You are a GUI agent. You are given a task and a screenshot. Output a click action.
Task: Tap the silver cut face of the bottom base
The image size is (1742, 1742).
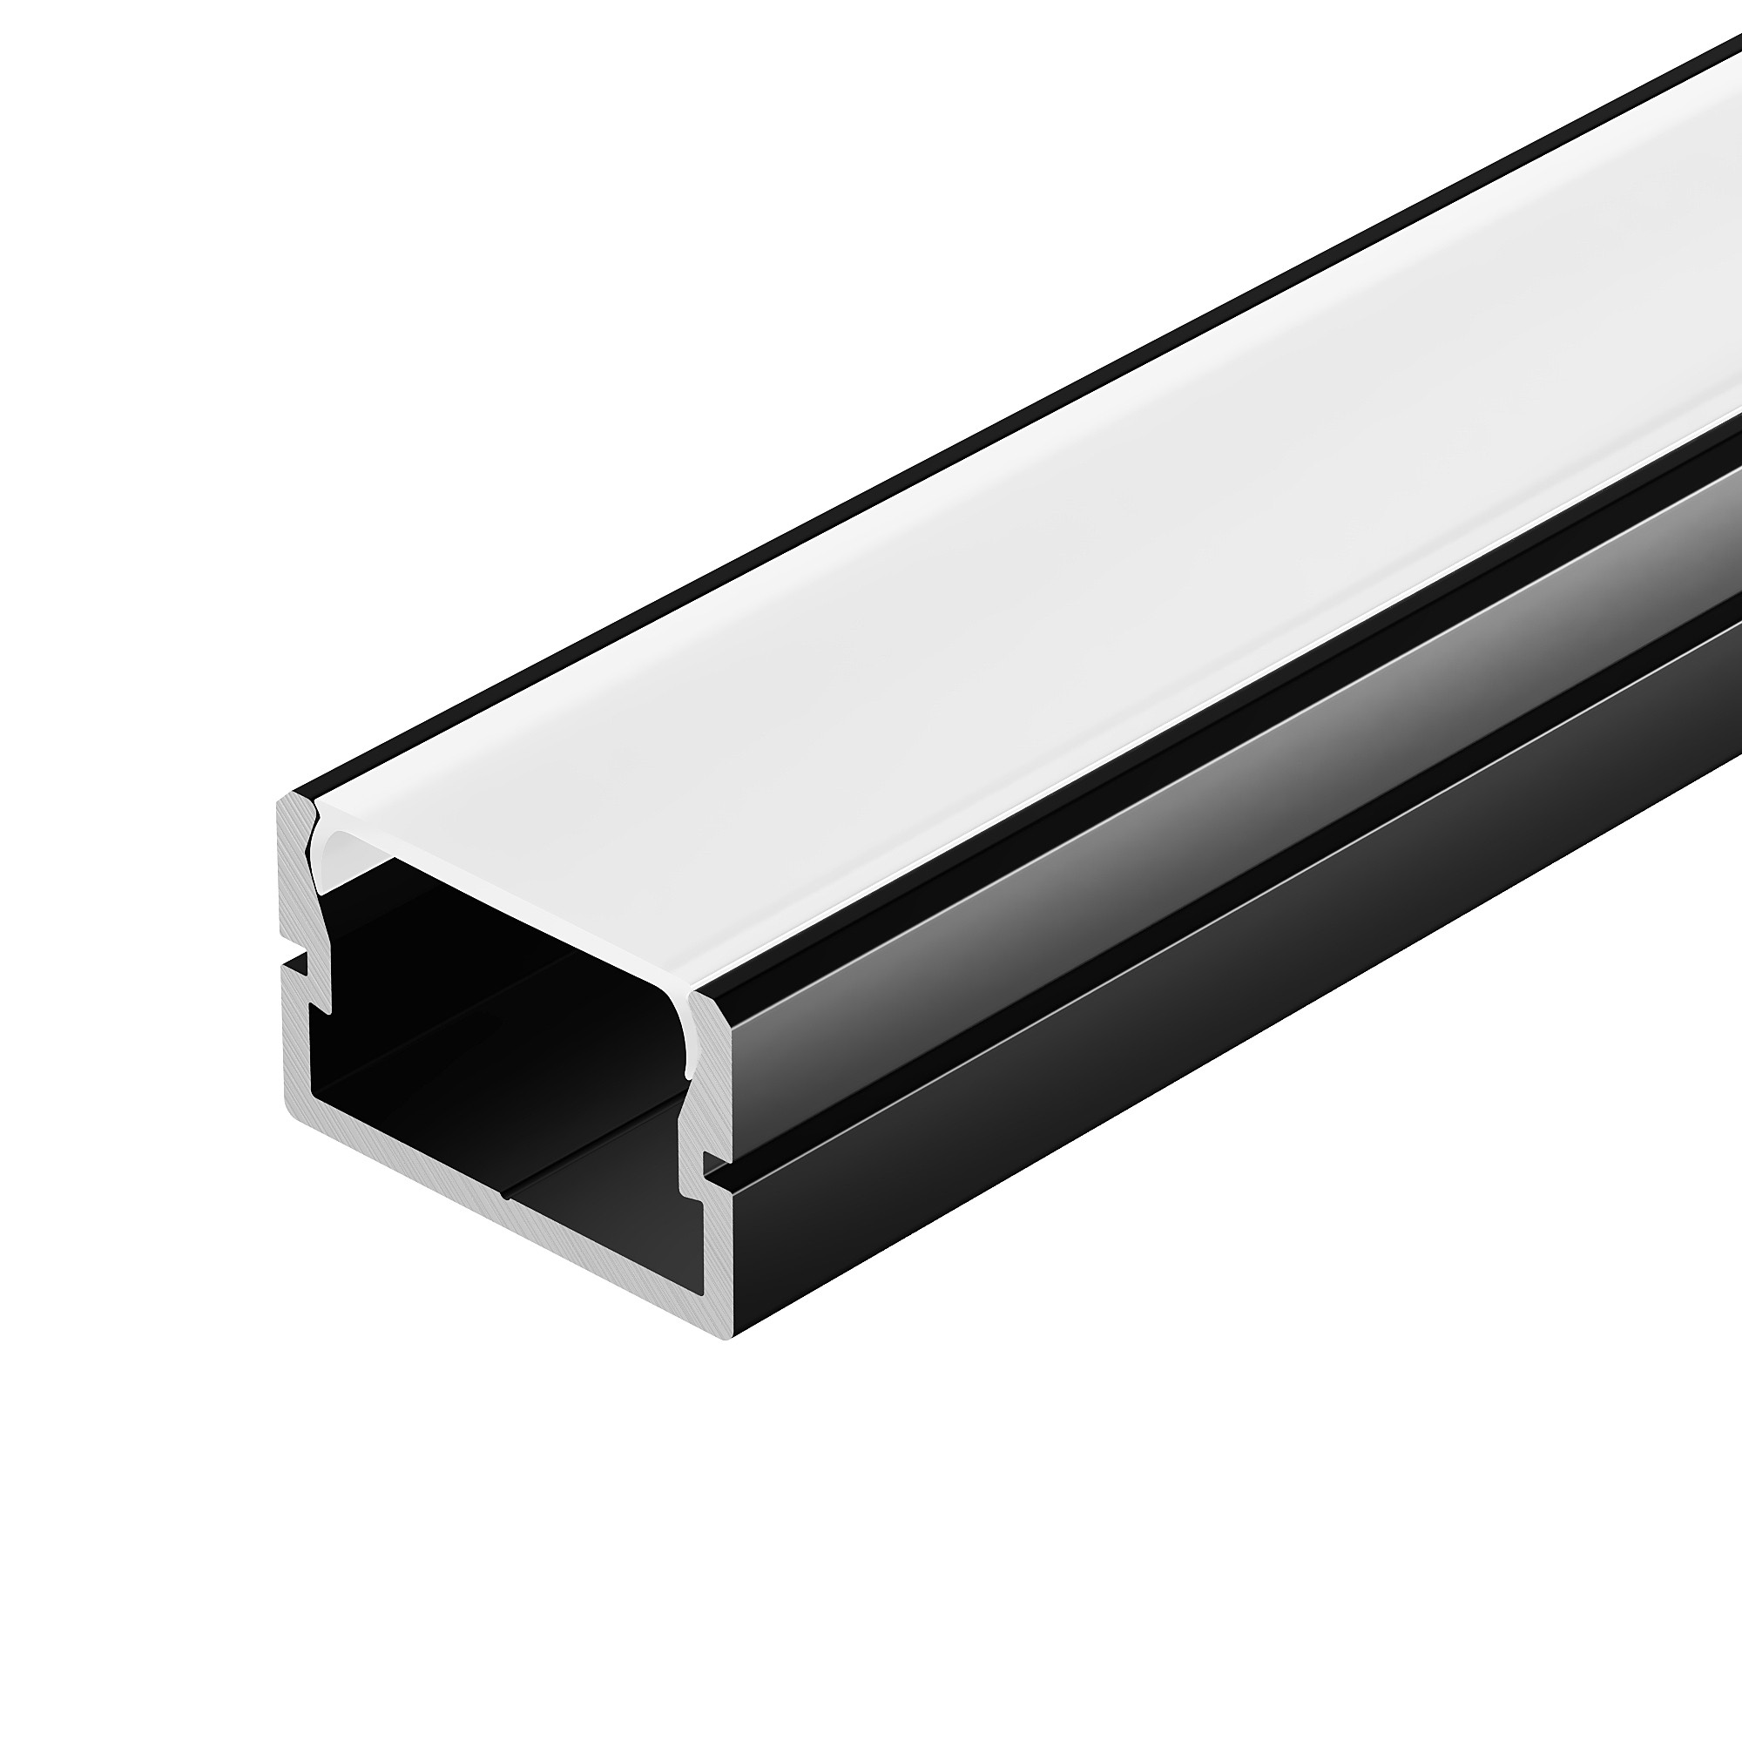(505, 1190)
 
